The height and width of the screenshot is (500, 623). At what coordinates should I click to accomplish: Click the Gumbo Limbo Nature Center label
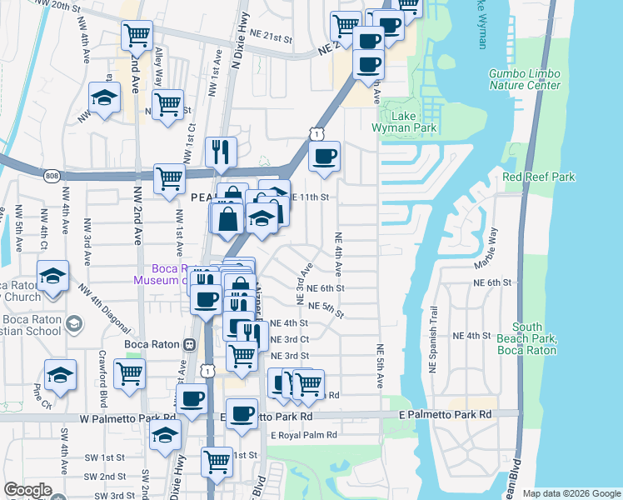[525, 79]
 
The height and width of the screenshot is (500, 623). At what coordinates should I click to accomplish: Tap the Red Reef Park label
[539, 177]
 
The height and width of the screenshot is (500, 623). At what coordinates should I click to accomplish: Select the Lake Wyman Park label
[408, 122]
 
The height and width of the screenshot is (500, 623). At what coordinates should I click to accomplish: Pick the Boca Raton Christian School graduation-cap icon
[73, 323]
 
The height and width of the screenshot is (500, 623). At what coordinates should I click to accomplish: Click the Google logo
[27, 490]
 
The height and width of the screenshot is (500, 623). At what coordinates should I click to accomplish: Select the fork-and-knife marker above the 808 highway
[221, 151]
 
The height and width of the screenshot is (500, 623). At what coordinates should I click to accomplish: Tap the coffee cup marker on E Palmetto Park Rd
[242, 413]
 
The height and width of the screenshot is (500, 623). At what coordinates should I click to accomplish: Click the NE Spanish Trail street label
[433, 350]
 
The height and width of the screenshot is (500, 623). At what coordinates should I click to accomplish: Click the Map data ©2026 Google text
[571, 492]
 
